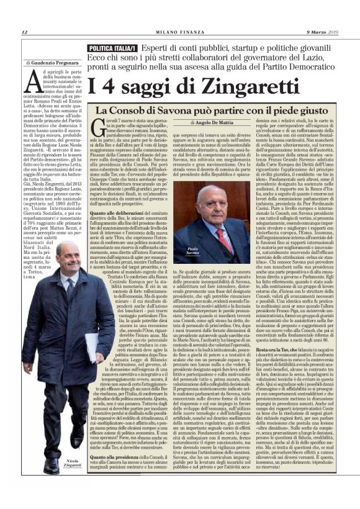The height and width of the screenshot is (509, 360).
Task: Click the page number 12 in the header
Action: (x=24, y=32)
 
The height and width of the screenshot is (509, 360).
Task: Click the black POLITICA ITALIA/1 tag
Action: (x=114, y=48)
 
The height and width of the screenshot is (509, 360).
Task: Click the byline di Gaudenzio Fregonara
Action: (x=52, y=63)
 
